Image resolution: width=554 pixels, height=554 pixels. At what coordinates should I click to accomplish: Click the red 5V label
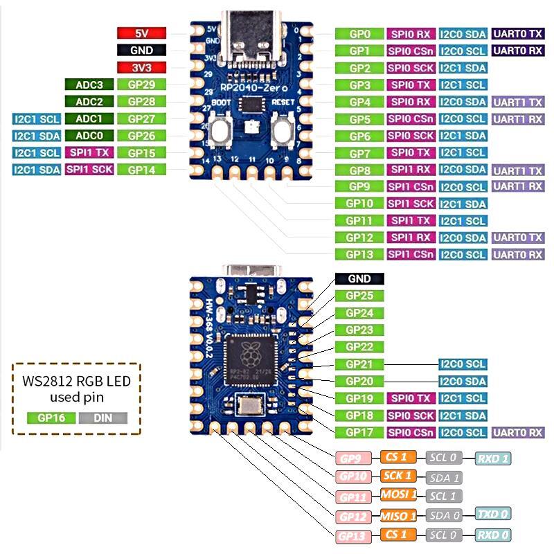pos(141,33)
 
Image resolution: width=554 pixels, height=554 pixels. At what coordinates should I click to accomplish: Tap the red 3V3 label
pos(141,68)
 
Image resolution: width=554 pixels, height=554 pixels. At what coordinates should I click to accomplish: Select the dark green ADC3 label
pos(89,84)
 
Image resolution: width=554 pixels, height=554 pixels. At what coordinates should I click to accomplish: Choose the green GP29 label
pos(141,84)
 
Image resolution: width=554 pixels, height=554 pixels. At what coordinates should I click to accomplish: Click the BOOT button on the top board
pos(223,130)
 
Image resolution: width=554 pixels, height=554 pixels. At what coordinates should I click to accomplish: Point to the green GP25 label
pos(359,296)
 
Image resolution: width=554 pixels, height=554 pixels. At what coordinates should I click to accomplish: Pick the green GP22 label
pos(359,347)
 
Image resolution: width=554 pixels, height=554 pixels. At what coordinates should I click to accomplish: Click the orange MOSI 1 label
pos(398,494)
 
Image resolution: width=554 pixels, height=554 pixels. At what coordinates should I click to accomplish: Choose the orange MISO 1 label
pos(398,515)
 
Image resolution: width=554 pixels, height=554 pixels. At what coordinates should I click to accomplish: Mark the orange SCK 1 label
pos(398,476)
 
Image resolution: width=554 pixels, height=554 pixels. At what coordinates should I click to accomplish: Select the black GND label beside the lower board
pos(359,278)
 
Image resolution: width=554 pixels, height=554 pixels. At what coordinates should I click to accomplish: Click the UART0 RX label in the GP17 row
pos(517,433)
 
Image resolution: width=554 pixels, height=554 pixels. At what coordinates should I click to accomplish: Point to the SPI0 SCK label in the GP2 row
pos(411,68)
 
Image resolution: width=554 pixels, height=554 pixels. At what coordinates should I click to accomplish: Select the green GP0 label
pos(359,33)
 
